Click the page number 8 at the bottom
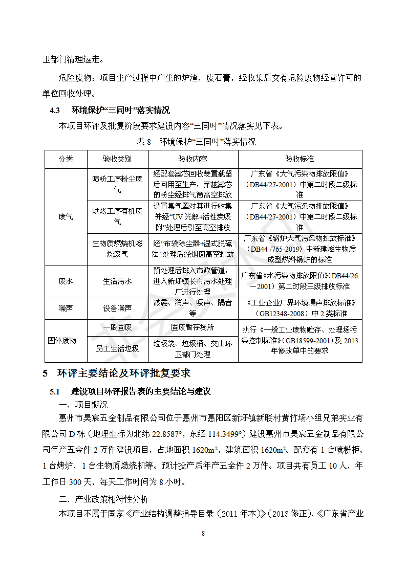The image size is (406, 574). point(203,534)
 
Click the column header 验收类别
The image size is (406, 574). point(117,159)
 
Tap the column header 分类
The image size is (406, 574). point(66,159)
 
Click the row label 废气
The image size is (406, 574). point(66,217)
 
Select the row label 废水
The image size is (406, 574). point(66,281)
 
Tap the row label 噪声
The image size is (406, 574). point(66,308)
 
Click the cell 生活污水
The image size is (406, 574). point(117,281)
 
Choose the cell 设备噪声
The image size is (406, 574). point(117,308)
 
